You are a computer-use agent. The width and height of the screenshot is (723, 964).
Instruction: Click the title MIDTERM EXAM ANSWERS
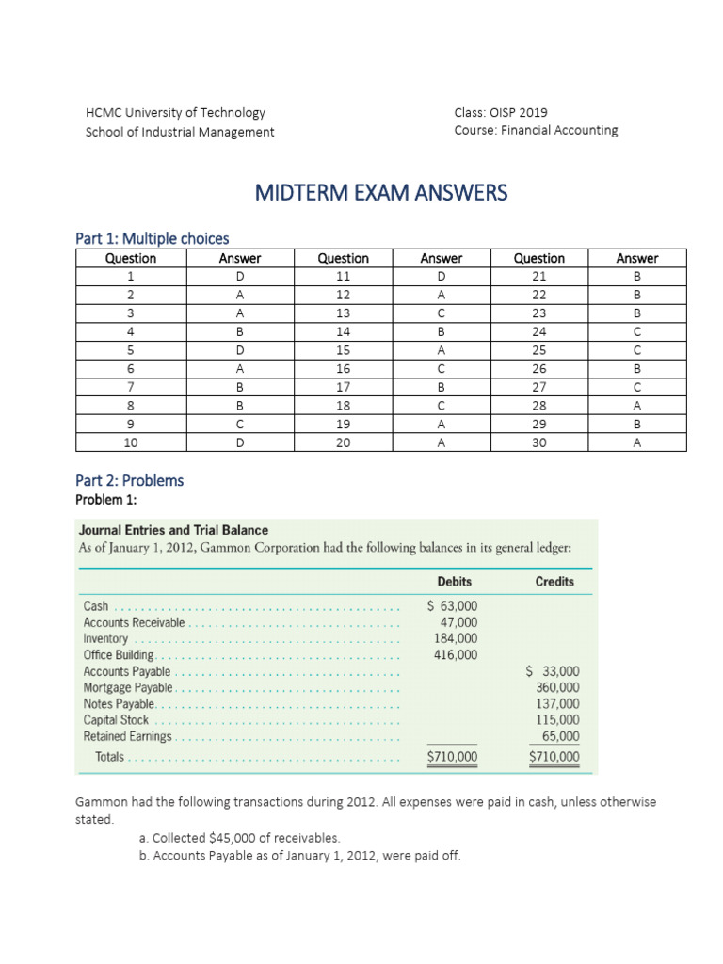point(380,193)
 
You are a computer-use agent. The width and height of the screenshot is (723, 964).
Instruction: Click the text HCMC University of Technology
point(175,112)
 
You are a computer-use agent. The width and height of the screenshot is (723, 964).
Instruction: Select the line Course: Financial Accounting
point(536,131)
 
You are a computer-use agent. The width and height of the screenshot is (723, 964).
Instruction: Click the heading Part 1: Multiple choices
point(152,238)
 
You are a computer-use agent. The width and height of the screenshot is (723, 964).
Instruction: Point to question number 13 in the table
point(343,313)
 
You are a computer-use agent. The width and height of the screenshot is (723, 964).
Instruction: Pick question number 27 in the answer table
point(539,386)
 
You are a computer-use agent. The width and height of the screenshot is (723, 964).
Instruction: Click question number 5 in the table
point(131,349)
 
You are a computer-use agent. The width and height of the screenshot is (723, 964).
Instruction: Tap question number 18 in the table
point(343,405)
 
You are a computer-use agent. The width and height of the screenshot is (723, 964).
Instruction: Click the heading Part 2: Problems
point(129,480)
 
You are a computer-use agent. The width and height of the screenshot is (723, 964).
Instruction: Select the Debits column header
point(455,582)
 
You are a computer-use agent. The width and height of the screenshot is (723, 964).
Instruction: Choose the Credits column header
point(554,582)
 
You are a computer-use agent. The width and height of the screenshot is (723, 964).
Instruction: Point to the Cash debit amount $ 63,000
point(452,605)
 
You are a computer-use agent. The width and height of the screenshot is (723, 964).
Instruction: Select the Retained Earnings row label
point(128,737)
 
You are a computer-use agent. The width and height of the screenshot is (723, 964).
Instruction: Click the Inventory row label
point(105,638)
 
